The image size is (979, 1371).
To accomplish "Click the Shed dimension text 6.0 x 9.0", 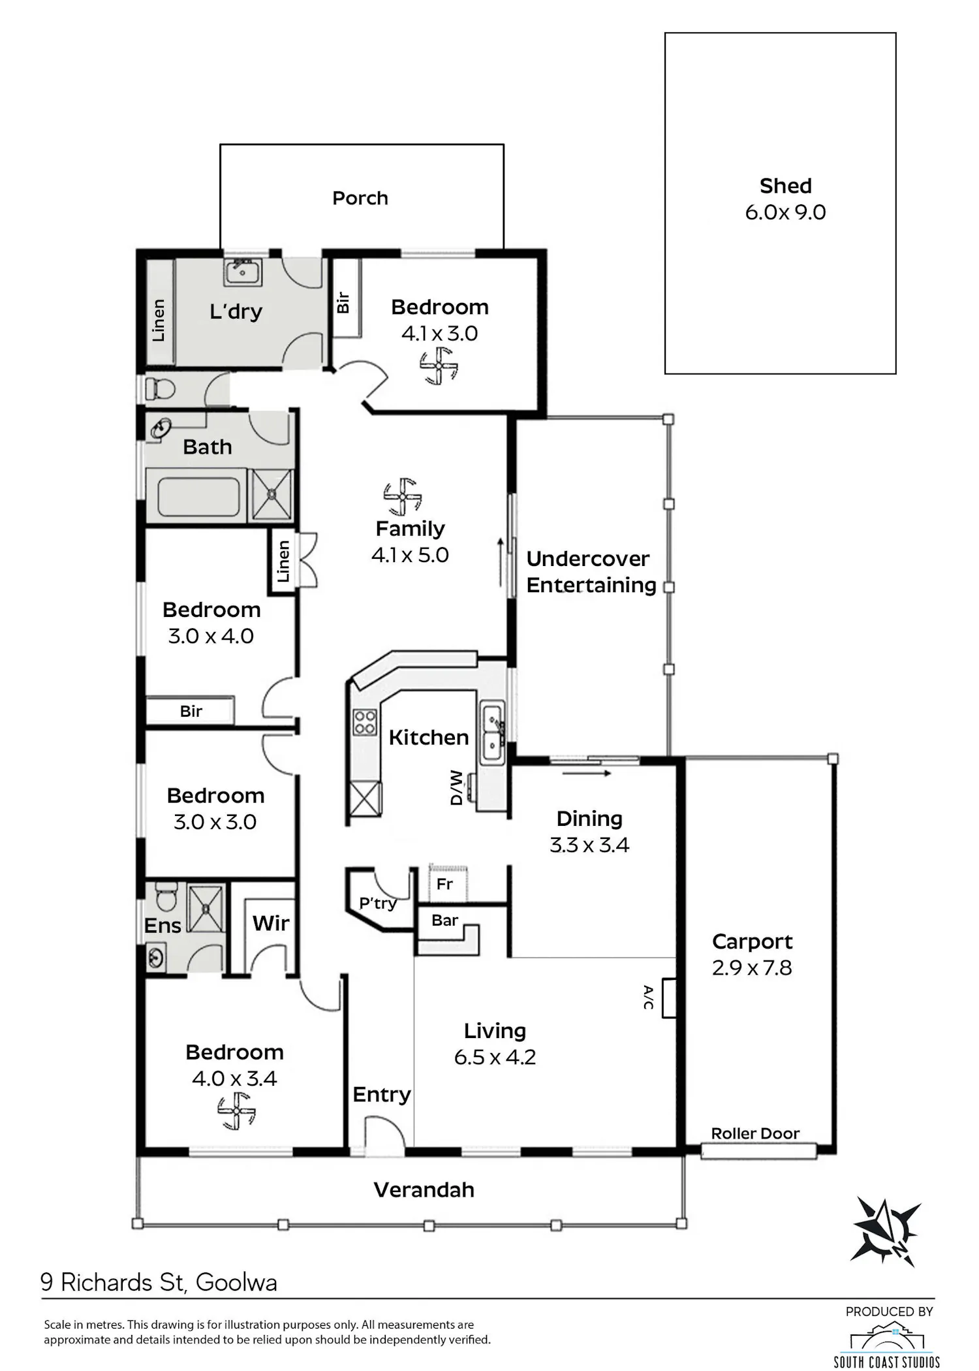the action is point(785,212).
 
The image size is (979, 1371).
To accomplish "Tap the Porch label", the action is point(360,198).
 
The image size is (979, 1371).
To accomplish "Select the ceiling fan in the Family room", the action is point(403,497).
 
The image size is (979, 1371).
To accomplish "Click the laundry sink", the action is point(243,272).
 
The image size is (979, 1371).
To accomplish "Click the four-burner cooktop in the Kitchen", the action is point(365,723).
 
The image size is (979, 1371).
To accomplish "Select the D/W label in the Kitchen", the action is point(456,787).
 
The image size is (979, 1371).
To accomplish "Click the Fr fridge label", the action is point(444,884).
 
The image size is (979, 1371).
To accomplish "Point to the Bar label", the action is point(444,920).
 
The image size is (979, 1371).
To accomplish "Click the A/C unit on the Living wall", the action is point(669,998).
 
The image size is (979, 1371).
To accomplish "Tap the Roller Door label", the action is point(755,1133).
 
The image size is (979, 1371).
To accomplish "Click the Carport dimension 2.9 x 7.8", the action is point(752,968).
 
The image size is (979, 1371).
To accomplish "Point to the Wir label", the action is point(271,923).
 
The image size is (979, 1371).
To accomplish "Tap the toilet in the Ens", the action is point(166,896).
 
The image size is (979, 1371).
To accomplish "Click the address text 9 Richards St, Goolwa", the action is point(159,1282).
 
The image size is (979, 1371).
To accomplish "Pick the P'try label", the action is point(378,903).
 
